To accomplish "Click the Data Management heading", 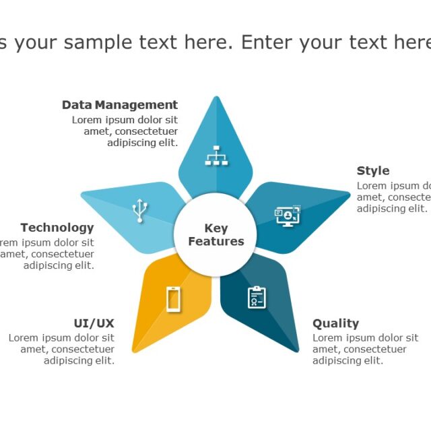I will coord(120,105).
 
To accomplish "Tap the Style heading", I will coord(373,171).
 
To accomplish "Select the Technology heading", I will coord(57,228).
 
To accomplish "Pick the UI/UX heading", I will coord(94,323).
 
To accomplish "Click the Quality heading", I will coord(335,323).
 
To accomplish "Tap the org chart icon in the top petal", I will coord(216,156).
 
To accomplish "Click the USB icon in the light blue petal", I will coord(139,210).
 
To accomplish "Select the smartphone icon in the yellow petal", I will coord(173,299).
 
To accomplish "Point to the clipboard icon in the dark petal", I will coord(257,297).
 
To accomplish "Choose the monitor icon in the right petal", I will coord(288,216).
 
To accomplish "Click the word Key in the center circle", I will coord(216,228).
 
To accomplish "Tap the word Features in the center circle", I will coord(216,242).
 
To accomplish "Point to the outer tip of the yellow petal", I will coord(133,352).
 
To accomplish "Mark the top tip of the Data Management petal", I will coord(216,98).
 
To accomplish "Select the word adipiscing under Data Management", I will coord(131,143).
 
